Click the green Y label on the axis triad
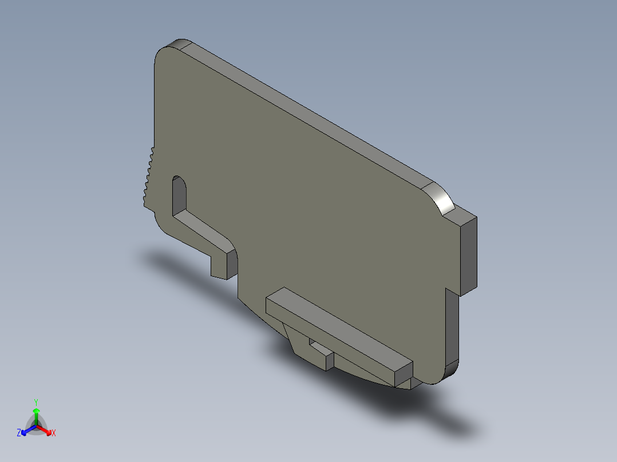click(36, 401)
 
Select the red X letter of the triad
click(54, 433)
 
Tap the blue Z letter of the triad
click(19, 433)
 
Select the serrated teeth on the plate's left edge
click(148, 174)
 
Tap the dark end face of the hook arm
click(230, 265)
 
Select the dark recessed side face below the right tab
click(452, 326)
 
